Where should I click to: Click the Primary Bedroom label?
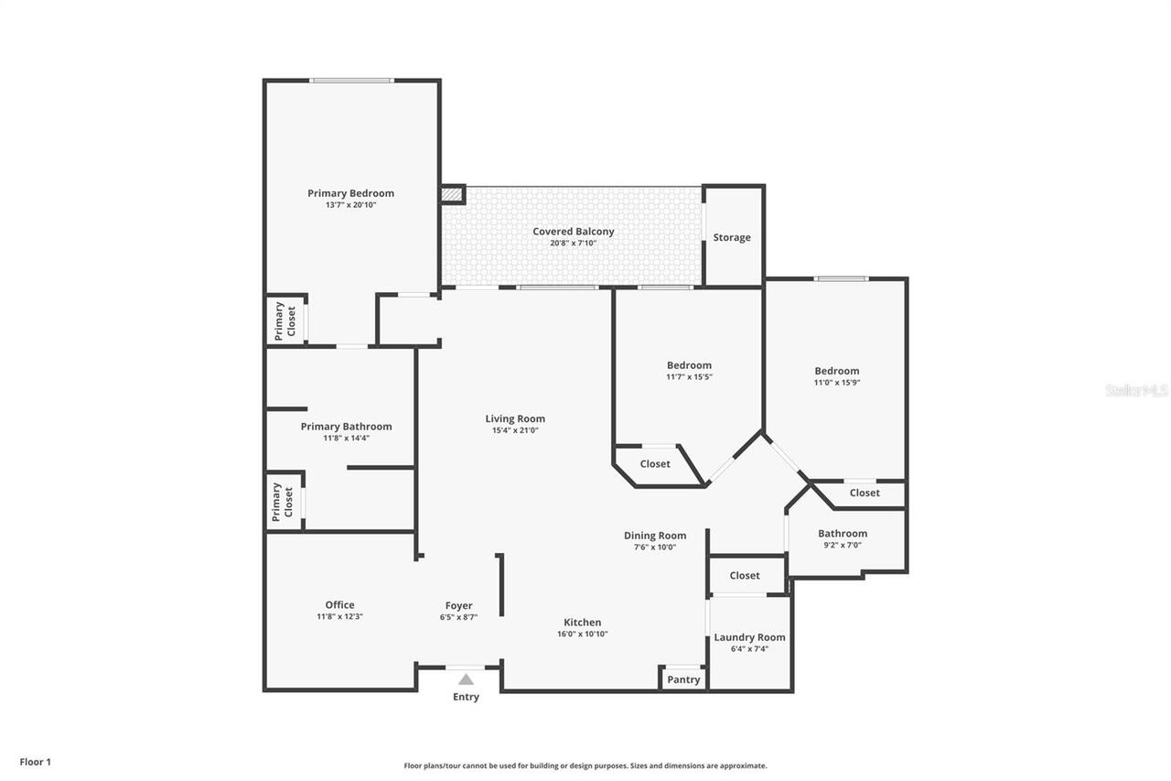point(350,193)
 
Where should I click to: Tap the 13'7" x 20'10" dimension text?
point(350,205)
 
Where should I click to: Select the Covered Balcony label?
point(574,232)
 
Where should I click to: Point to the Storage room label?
point(732,237)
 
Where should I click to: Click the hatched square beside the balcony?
point(452,195)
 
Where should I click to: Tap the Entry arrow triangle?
point(466,679)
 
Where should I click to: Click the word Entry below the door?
point(466,697)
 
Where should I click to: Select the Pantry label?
point(683,679)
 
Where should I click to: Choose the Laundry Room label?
point(749,637)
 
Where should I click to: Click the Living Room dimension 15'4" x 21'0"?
point(515,430)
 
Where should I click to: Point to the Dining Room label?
point(655,536)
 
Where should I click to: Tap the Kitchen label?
point(583,623)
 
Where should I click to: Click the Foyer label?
point(459,606)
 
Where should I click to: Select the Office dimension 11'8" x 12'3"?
point(339,617)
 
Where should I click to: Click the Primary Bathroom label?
point(346,427)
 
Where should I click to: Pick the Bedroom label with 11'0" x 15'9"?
point(837,371)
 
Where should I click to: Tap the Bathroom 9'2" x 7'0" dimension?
point(843,545)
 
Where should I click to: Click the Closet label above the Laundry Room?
point(745,575)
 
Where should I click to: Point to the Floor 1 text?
point(36,762)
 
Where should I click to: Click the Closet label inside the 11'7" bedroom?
point(655,464)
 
